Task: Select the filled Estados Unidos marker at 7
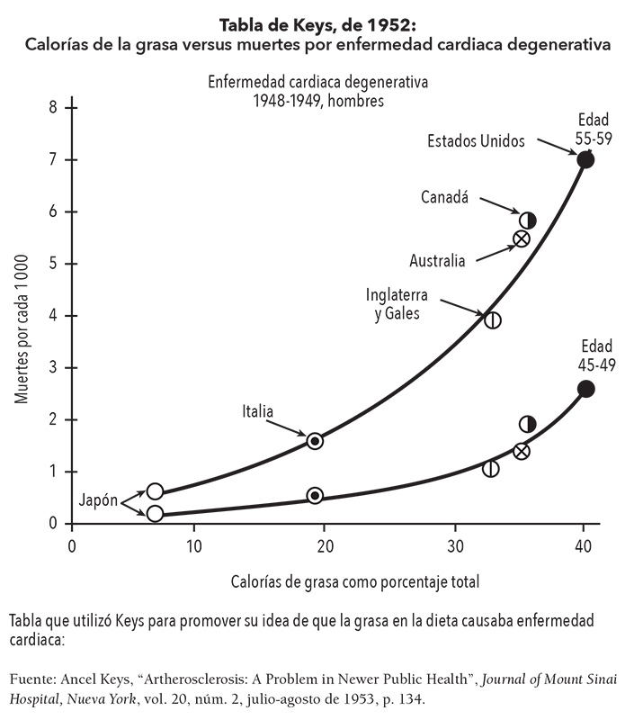(585, 159)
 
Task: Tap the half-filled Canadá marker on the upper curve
(528, 220)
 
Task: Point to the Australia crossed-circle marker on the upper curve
(521, 238)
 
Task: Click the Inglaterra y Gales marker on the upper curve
(492, 319)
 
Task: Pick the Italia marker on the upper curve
(315, 441)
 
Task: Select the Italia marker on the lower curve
(315, 495)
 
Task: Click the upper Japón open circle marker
(155, 491)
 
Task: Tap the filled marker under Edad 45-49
(585, 389)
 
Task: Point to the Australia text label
(437, 262)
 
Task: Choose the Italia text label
(257, 411)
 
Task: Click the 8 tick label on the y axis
(52, 107)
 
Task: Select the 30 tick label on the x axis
(455, 545)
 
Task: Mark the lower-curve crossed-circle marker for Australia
(521, 451)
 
